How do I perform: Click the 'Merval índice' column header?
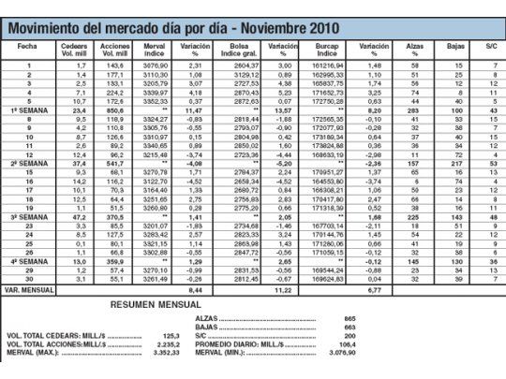(x=156, y=48)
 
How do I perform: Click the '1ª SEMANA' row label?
(x=28, y=110)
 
